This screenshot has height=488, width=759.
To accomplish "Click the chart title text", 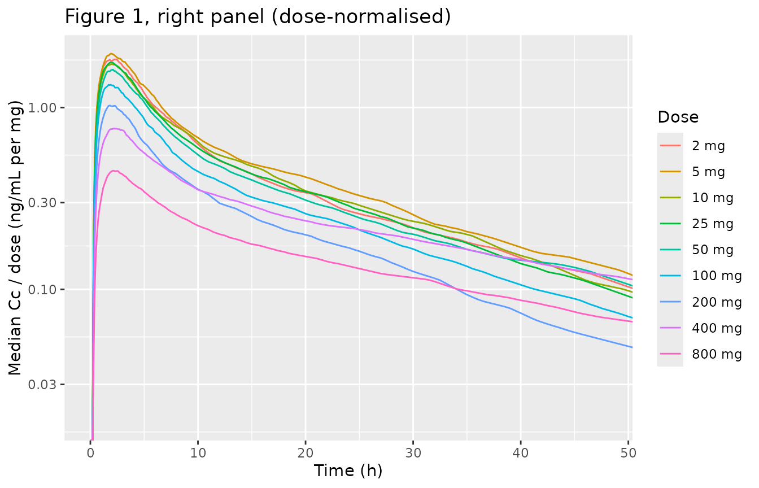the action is (x=258, y=17).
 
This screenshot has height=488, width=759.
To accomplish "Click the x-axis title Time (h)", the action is (x=348, y=471).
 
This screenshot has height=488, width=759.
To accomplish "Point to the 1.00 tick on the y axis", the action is (x=41, y=108).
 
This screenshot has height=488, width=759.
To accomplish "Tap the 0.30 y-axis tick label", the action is (x=41, y=203).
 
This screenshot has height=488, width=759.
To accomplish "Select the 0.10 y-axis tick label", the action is (x=41, y=290).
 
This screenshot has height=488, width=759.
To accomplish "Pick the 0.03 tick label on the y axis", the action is (x=41, y=385).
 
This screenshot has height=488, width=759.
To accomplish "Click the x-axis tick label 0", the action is (x=90, y=454).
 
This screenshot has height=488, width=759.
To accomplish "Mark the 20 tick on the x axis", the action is (x=306, y=454).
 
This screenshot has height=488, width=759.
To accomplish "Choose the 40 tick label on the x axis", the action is (x=521, y=454).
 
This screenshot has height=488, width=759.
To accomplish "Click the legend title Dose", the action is (x=678, y=117).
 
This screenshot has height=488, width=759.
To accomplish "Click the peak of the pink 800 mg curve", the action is (x=115, y=171).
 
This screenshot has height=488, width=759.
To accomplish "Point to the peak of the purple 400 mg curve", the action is (x=115, y=128).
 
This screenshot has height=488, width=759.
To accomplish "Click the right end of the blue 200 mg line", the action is (x=632, y=347).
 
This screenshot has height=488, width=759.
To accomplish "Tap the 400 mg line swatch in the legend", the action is (x=670, y=328).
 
